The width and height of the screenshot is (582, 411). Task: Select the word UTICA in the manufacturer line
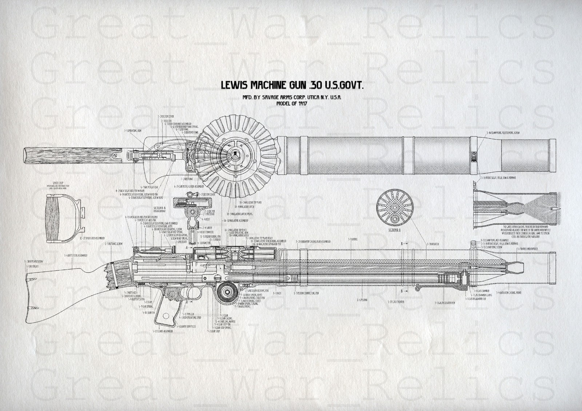tap(310, 98)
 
